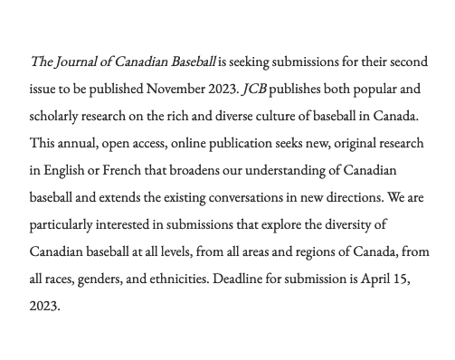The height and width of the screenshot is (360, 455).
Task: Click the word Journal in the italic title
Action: pos(75,62)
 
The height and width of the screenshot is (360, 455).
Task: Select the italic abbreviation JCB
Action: pos(255,90)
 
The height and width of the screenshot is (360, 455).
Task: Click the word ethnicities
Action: pos(173,279)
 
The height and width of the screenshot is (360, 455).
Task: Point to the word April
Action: pos(378,279)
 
